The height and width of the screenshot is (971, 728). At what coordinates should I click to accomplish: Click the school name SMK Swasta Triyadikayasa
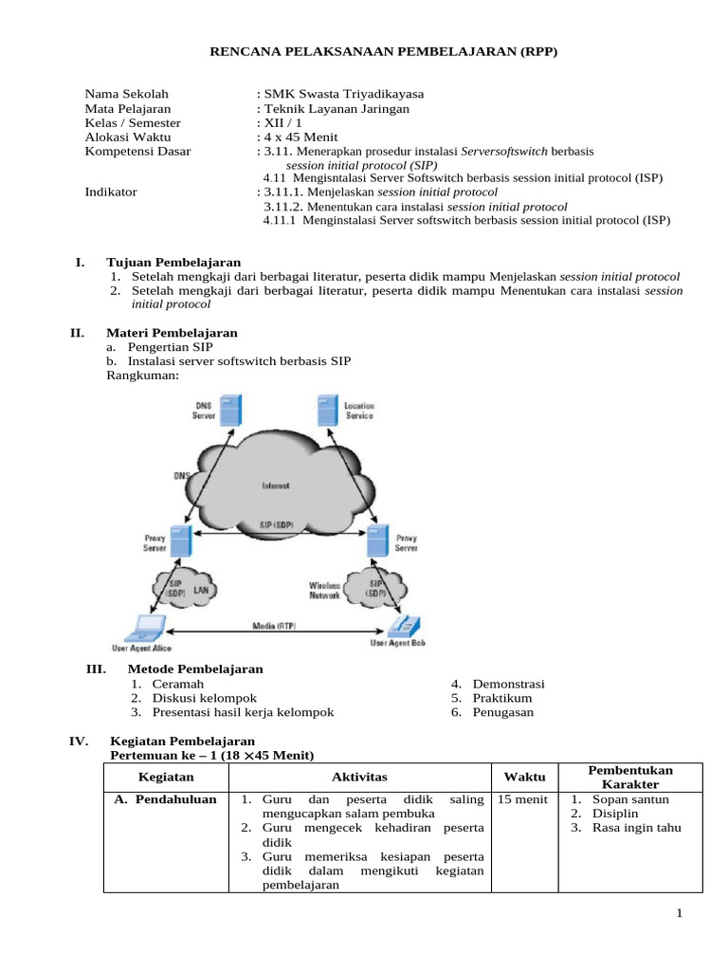345,94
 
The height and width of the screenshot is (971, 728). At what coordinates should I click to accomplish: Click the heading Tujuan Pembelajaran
174,262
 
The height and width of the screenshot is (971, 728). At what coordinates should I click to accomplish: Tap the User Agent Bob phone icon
406,626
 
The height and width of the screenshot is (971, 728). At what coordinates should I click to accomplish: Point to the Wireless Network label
324,591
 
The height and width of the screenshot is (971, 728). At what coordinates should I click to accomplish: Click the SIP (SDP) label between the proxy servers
276,524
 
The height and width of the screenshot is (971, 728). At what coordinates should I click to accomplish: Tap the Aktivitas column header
359,776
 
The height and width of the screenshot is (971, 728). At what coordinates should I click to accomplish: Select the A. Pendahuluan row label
165,799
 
